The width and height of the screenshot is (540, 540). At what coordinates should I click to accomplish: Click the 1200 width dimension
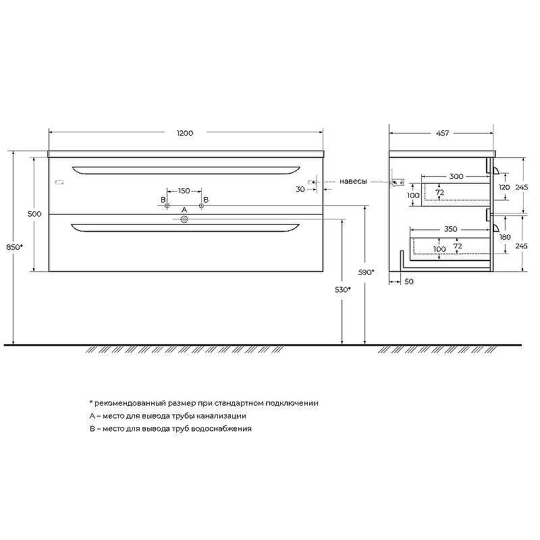point(185,133)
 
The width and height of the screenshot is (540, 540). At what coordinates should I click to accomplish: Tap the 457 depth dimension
point(443,133)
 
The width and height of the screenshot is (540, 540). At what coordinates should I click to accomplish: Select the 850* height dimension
point(14,246)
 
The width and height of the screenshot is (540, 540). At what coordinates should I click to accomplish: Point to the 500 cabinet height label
point(34,214)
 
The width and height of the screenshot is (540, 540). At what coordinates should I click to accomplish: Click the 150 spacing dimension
point(184,191)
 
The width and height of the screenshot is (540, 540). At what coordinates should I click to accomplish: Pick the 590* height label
point(366,272)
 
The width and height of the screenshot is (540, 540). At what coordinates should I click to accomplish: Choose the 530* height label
point(343,290)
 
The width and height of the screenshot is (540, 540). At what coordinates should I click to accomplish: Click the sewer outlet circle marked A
point(184,219)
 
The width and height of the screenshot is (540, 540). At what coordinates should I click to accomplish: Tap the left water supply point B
point(167,206)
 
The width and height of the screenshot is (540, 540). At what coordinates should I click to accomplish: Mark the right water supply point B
point(201,206)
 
